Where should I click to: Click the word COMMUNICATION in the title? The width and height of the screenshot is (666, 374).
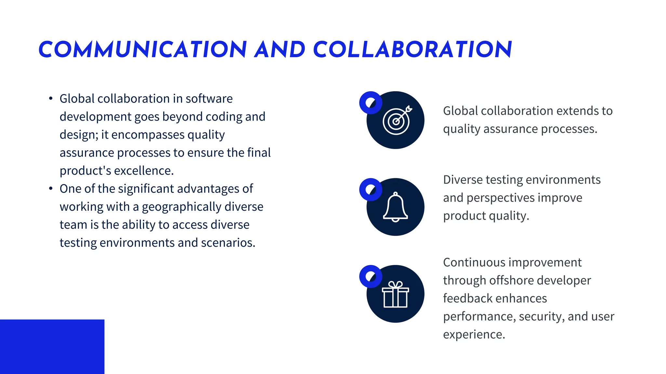142,50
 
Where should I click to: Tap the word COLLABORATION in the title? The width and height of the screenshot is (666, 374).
412,50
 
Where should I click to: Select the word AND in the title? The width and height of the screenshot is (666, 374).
280,50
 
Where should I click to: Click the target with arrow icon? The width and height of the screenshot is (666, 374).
397,120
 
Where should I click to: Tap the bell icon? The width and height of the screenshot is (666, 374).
395,207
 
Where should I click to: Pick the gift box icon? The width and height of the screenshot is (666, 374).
395,294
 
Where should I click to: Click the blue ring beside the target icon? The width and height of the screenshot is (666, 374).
370,103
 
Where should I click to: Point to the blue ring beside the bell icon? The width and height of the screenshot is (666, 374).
370,190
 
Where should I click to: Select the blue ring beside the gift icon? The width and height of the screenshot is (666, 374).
370,277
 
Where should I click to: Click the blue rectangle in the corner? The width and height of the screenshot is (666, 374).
52,346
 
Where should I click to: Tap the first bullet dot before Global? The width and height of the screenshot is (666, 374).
51,98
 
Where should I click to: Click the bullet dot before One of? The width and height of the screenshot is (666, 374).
51,188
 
